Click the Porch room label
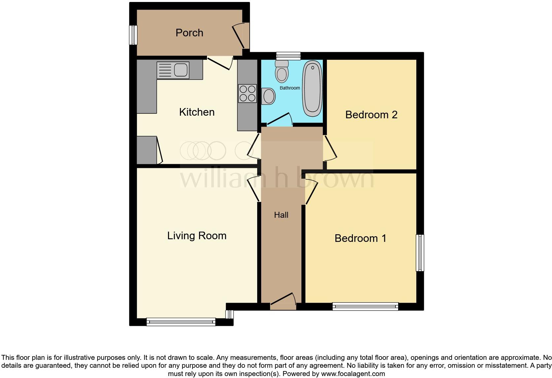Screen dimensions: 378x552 (189, 33)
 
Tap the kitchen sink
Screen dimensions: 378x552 (173, 70)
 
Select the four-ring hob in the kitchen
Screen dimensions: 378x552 (247, 93)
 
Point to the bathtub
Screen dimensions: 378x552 (312, 88)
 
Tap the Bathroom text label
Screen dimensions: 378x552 (290, 88)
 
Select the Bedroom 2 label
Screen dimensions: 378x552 (371, 115)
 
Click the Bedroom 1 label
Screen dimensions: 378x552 (360, 238)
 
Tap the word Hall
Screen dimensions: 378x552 (281, 215)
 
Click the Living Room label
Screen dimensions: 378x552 (197, 236)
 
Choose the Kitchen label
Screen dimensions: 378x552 (197, 112)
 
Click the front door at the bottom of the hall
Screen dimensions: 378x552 (283, 301)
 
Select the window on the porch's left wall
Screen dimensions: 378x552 (133, 35)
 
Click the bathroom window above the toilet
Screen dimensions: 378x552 (288, 56)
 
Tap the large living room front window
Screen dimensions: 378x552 (181, 322)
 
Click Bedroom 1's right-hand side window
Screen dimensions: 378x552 (420, 253)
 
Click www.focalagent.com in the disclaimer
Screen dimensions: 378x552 (353, 374)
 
